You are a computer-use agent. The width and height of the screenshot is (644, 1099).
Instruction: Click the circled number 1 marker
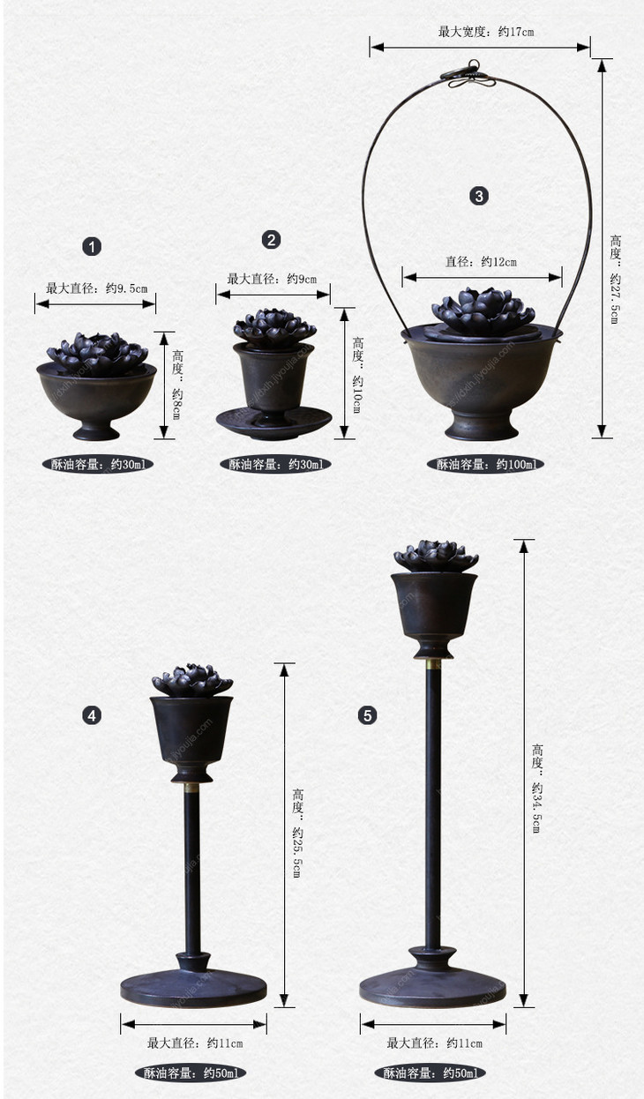pyautogui.click(x=92, y=246)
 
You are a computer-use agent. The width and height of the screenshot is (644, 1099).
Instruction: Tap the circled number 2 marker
pyautogui.click(x=271, y=240)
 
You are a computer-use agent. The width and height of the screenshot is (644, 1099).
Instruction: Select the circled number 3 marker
pyautogui.click(x=479, y=196)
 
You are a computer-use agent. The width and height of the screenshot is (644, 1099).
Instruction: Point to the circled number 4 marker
pyautogui.click(x=92, y=716)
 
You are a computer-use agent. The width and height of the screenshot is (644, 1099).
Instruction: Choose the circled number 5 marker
pyautogui.click(x=368, y=716)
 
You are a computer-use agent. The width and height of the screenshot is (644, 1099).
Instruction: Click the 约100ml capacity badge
pyautogui.click(x=485, y=464)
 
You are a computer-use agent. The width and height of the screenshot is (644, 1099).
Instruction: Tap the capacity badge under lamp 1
pyautogui.click(x=98, y=464)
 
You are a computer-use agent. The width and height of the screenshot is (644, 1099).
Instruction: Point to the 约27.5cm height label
pyautogui.click(x=616, y=280)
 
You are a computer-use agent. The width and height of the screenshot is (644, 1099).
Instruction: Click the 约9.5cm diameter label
pyautogui.click(x=97, y=288)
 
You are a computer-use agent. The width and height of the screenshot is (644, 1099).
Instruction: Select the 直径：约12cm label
pyautogui.click(x=481, y=261)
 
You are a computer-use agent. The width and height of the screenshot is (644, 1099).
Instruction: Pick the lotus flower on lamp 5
pyautogui.click(x=436, y=557)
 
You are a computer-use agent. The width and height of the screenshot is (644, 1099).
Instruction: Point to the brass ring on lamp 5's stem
pyautogui.click(x=433, y=663)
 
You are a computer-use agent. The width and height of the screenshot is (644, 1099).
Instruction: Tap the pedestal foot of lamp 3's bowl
pyautogui.click(x=481, y=427)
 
